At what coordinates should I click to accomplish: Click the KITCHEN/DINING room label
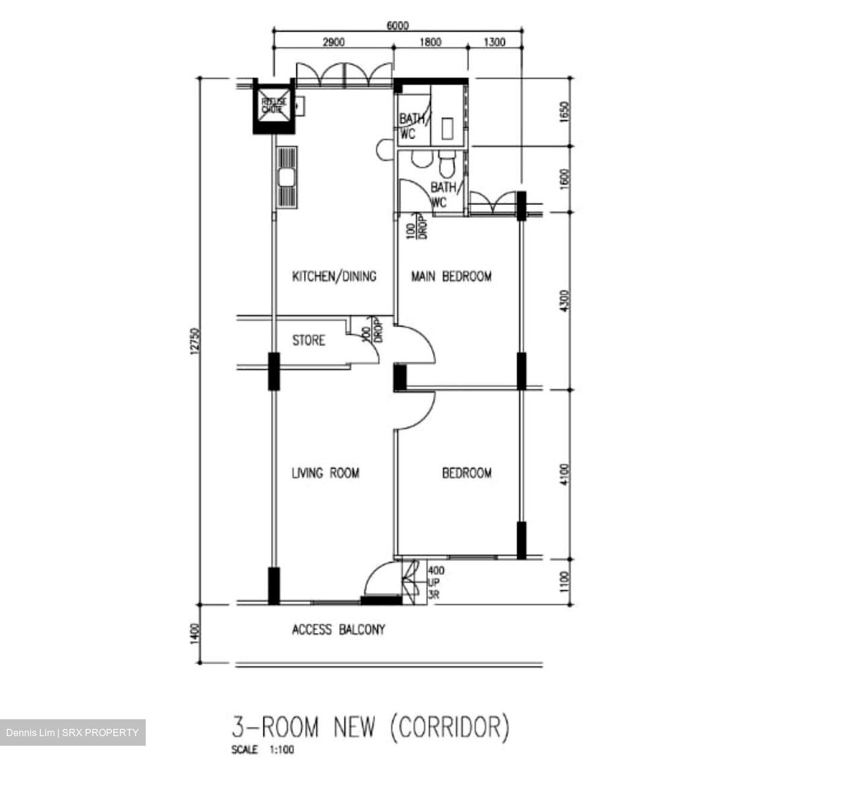click(x=334, y=276)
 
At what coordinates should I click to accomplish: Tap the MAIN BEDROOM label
click(x=451, y=276)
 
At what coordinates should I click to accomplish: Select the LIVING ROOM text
click(x=325, y=473)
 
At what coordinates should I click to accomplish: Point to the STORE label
click(x=308, y=341)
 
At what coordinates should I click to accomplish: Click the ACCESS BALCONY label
click(x=338, y=630)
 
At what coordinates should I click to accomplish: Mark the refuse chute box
click(x=274, y=106)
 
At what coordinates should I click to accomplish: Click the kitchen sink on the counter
click(x=286, y=178)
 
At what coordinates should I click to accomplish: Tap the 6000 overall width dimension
click(x=397, y=25)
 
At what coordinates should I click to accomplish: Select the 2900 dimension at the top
click(x=334, y=42)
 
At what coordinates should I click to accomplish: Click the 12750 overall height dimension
click(x=193, y=341)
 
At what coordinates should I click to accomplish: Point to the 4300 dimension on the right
click(x=564, y=301)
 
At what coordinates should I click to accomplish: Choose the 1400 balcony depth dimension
click(x=193, y=634)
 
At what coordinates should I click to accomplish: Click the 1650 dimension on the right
click(x=564, y=112)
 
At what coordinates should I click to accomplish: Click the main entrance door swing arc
click(x=379, y=580)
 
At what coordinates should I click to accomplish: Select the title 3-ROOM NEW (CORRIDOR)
click(x=371, y=727)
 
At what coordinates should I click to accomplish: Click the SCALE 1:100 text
click(x=263, y=751)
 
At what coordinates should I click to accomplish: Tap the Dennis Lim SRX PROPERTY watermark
click(x=72, y=733)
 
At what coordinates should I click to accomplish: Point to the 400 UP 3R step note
click(x=435, y=583)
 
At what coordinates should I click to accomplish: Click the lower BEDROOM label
click(x=467, y=473)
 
